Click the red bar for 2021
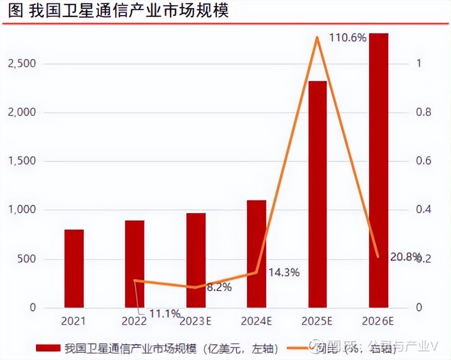(x=74, y=268)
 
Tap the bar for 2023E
(x=196, y=260)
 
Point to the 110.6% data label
(x=347, y=38)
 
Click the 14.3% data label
(x=284, y=272)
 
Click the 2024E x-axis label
(x=256, y=321)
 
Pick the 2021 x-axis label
(x=74, y=321)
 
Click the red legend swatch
(x=48, y=348)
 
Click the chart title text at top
(x=118, y=11)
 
